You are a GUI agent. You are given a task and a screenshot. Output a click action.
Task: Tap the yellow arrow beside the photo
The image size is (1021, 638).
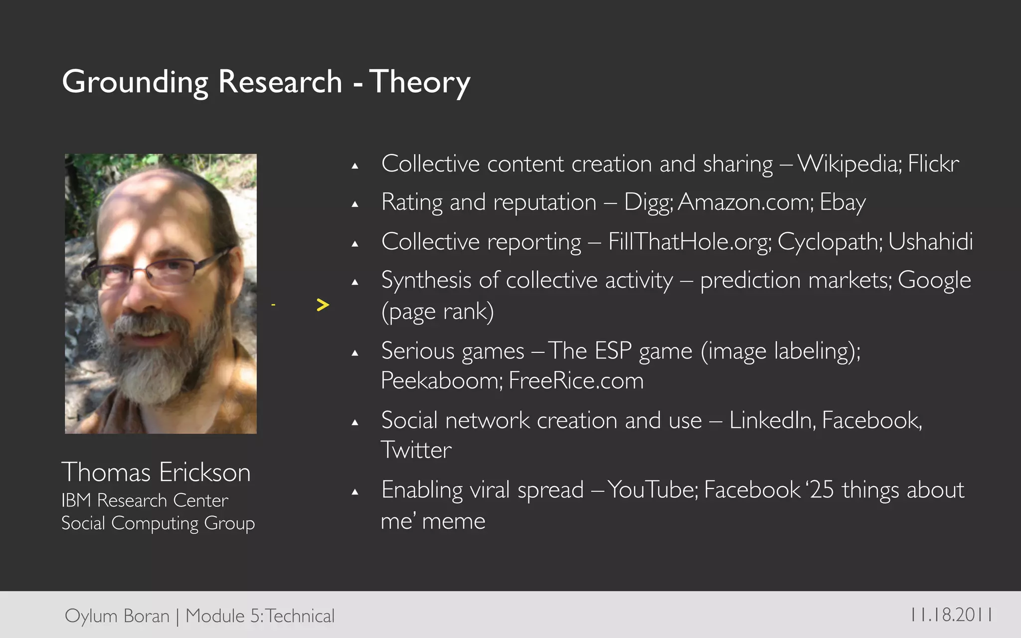pyautogui.click(x=323, y=305)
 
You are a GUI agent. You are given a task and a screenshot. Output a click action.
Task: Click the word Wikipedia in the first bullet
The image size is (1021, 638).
pyautogui.click(x=849, y=164)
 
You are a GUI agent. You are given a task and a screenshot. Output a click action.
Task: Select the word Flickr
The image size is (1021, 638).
pyautogui.click(x=933, y=164)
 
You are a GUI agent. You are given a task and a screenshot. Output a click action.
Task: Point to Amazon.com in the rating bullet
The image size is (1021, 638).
pyautogui.click(x=745, y=202)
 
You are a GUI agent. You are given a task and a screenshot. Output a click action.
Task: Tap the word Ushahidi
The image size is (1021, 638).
pyautogui.click(x=930, y=242)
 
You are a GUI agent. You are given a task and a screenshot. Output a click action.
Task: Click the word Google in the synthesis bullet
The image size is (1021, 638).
pyautogui.click(x=934, y=280)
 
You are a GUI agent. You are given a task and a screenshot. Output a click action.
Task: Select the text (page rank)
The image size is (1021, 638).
pyautogui.click(x=437, y=312)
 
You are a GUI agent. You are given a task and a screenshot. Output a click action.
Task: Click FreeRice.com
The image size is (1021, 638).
pyautogui.click(x=576, y=381)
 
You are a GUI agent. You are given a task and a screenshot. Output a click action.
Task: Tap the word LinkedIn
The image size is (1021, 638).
pyautogui.click(x=772, y=421)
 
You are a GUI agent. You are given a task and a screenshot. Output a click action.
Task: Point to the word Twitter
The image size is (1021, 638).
pyautogui.click(x=416, y=450)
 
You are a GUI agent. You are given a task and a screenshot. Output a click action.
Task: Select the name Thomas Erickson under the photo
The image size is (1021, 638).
pyautogui.click(x=156, y=472)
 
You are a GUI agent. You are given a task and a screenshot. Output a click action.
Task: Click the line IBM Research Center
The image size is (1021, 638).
pyautogui.click(x=145, y=500)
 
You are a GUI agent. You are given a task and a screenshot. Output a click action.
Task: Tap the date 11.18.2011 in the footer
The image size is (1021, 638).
pyautogui.click(x=951, y=615)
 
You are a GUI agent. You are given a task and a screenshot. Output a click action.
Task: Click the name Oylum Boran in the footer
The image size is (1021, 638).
pyautogui.click(x=117, y=616)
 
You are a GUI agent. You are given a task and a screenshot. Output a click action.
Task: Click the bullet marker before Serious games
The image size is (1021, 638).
pyautogui.click(x=355, y=353)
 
